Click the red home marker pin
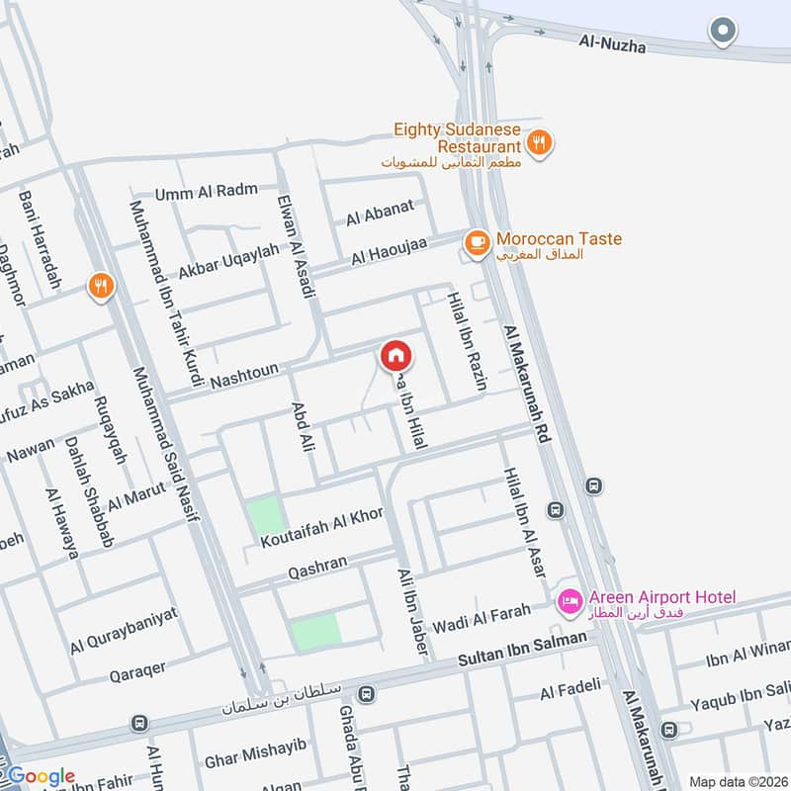395,355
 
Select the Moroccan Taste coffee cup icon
477,240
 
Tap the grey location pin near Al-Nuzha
724,32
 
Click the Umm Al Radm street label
207,191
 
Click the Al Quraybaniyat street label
125,630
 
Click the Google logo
42,776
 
